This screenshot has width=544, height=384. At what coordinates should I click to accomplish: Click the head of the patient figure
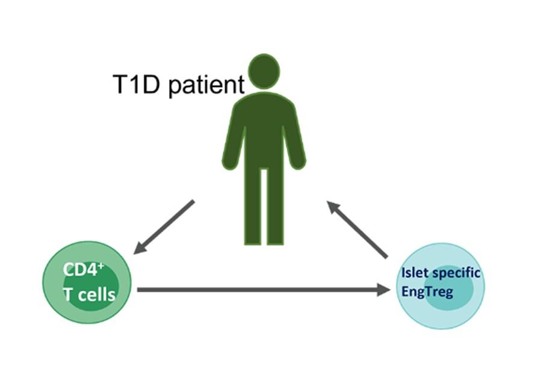[x=264, y=72]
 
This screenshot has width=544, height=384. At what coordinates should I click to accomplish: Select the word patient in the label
[x=206, y=85]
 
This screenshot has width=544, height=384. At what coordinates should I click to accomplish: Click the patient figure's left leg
[x=252, y=204]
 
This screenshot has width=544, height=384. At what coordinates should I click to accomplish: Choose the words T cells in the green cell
[x=88, y=294]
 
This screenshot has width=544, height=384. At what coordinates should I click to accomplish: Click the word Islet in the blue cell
[x=416, y=273]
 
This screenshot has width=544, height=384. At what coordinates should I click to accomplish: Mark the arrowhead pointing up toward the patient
[x=333, y=207]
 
